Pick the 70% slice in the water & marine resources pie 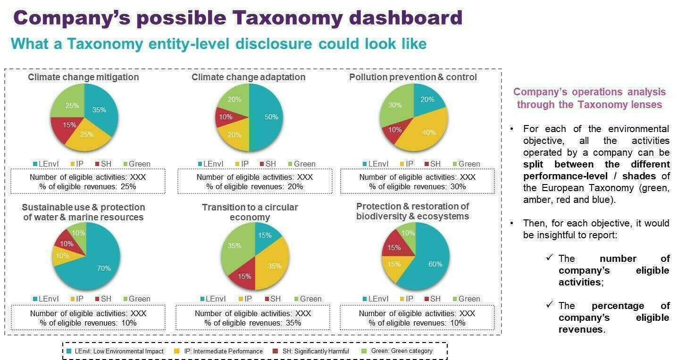point(101,267)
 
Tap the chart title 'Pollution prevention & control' point(413,77)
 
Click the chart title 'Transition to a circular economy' point(250,212)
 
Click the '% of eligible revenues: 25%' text point(88,187)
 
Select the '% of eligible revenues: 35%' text point(253,323)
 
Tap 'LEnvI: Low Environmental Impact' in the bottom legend point(115,351)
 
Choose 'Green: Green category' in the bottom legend point(401,351)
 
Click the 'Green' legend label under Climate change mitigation point(140,164)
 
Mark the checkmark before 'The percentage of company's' point(549,305)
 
